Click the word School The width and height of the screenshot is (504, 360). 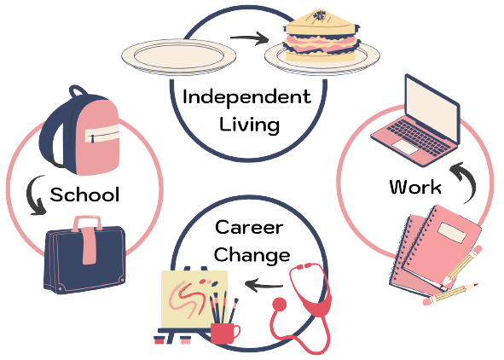pyautogui.click(x=85, y=195)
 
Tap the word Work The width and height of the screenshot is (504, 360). pyautogui.click(x=415, y=187)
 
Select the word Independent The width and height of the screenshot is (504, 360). pyautogui.click(x=246, y=97)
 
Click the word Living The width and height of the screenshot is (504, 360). pyautogui.click(x=249, y=125)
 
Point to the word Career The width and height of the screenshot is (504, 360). pyautogui.click(x=249, y=227)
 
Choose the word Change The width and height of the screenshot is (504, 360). pyautogui.click(x=252, y=255)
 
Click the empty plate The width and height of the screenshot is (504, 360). pyautogui.click(x=179, y=57)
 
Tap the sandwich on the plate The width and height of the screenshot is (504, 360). pyautogui.click(x=322, y=36)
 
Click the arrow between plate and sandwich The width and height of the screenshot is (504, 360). pyautogui.click(x=249, y=38)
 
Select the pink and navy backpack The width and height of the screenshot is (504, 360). pyautogui.click(x=79, y=131)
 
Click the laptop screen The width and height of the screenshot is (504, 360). pyautogui.click(x=432, y=107)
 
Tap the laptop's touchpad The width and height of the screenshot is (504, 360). pyautogui.click(x=406, y=148)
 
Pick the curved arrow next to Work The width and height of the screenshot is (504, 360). pyautogui.click(x=466, y=183)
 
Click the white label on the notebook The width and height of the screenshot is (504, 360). pyautogui.click(x=452, y=232)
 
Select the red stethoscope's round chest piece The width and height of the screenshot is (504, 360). pyautogui.click(x=280, y=304)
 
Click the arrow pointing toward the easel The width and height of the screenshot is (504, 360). pyautogui.click(x=264, y=285)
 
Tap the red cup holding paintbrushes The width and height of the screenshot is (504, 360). pyautogui.click(x=224, y=334)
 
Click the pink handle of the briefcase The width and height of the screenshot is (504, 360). pyautogui.click(x=88, y=240)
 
